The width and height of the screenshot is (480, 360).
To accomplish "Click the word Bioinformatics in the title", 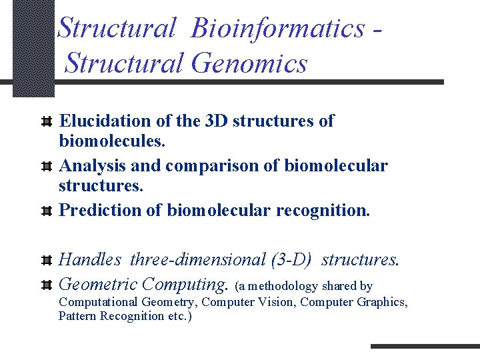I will (277, 29).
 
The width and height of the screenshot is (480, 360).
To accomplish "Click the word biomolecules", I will (112, 141).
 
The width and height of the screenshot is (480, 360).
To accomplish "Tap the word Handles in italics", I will (91, 259).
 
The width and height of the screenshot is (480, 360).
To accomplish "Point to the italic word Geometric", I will (98, 285).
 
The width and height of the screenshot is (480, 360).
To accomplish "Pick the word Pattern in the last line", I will (77, 316).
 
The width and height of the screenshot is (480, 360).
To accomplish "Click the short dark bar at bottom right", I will (424, 346).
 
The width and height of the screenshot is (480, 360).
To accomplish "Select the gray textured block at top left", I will (33, 47).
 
